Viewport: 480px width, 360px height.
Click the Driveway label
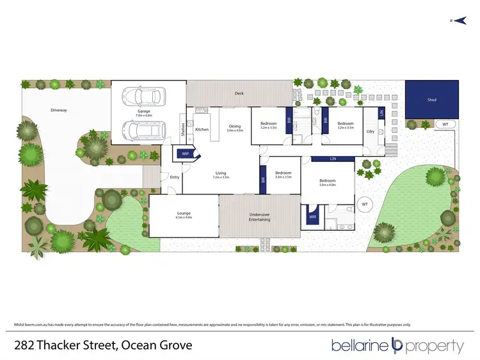[x=59, y=110]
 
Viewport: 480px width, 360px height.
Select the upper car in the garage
[x=148, y=97]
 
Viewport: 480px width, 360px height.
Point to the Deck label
[x=239, y=93]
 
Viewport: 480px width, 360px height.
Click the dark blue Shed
[x=431, y=100]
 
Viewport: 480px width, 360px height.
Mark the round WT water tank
[x=364, y=204]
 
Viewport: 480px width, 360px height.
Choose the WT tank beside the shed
[x=445, y=124]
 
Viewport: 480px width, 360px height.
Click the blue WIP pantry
[x=186, y=153]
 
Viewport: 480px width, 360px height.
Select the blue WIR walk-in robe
[x=313, y=217]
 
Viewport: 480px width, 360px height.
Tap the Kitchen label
[x=202, y=129]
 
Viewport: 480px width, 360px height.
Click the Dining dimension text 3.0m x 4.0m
[x=235, y=130]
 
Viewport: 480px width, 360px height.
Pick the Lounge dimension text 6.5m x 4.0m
[x=184, y=217]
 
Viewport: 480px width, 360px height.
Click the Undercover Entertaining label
[x=259, y=216]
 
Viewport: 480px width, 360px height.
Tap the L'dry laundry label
[x=370, y=131]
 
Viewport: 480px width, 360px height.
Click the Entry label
[x=174, y=177]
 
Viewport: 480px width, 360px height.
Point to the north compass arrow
[x=454, y=21]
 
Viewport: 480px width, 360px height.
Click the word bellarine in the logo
[x=359, y=346]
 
